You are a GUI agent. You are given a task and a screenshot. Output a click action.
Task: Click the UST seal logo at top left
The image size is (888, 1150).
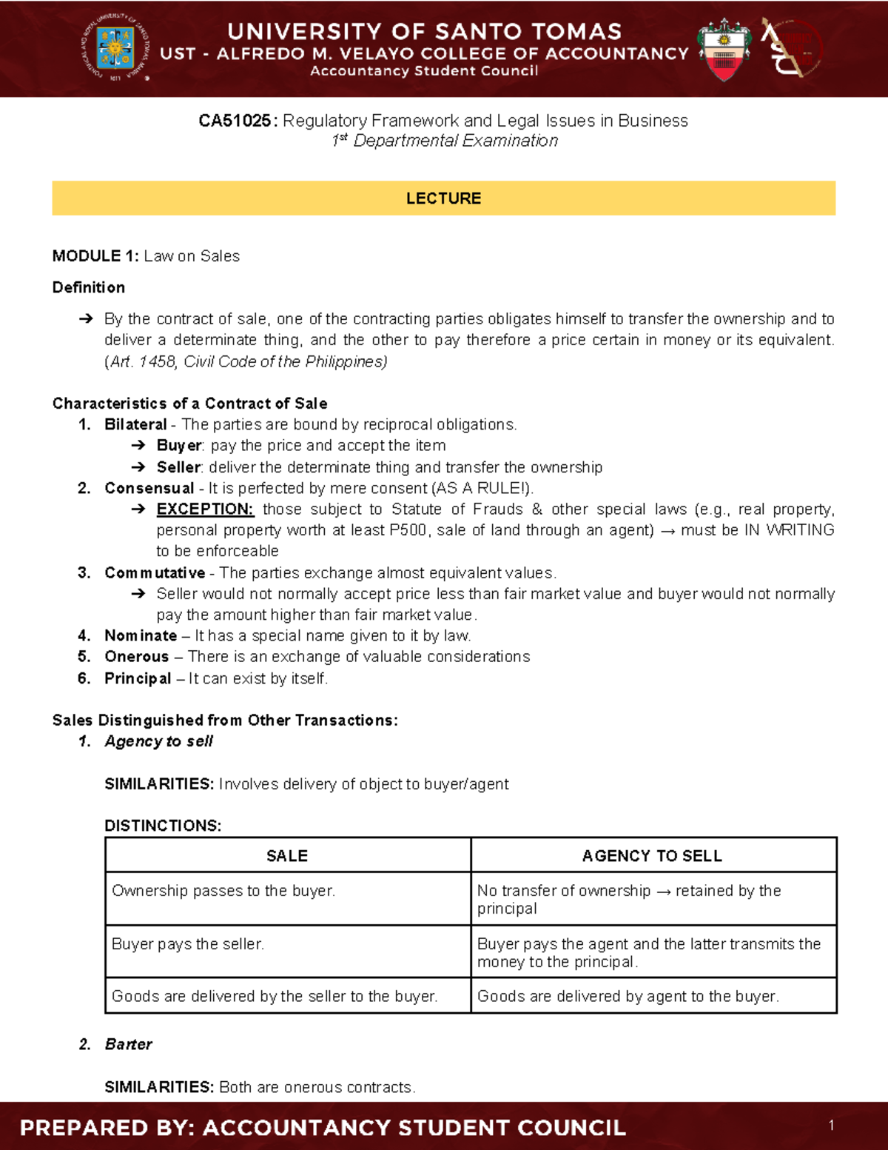pos(115,47)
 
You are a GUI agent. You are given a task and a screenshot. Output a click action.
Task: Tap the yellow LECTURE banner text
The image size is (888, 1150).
pos(443,198)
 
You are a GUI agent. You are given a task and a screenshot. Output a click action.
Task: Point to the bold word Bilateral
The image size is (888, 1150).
pos(135,424)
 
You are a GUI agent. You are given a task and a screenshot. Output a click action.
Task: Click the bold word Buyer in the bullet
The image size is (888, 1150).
pos(179,446)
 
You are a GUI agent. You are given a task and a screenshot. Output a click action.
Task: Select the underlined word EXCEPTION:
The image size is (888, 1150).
pos(205,509)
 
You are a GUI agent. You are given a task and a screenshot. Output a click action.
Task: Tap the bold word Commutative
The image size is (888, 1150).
pos(155,573)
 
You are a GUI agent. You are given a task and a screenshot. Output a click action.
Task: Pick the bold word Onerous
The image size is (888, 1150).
pos(137,657)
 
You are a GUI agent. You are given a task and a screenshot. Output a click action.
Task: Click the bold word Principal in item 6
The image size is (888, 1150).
pos(138,678)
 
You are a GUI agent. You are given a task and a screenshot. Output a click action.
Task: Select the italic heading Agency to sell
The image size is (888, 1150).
pos(158,741)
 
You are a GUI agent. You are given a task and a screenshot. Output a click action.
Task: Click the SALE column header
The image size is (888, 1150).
pos(287,856)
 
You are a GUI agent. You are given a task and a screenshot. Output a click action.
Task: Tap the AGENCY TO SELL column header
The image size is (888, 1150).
pos(652,856)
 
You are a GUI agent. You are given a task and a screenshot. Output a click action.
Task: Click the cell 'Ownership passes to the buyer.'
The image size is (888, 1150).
pos(223,891)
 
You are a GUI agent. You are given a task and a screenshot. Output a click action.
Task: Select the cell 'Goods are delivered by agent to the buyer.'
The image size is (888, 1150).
pos(628,997)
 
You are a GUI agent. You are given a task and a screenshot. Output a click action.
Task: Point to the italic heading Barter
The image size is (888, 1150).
pos(129,1044)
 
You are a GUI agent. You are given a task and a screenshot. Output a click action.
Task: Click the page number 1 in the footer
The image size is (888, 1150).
pos(832,1126)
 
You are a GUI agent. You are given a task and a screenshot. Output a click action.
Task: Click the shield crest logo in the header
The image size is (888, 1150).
pos(724,49)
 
